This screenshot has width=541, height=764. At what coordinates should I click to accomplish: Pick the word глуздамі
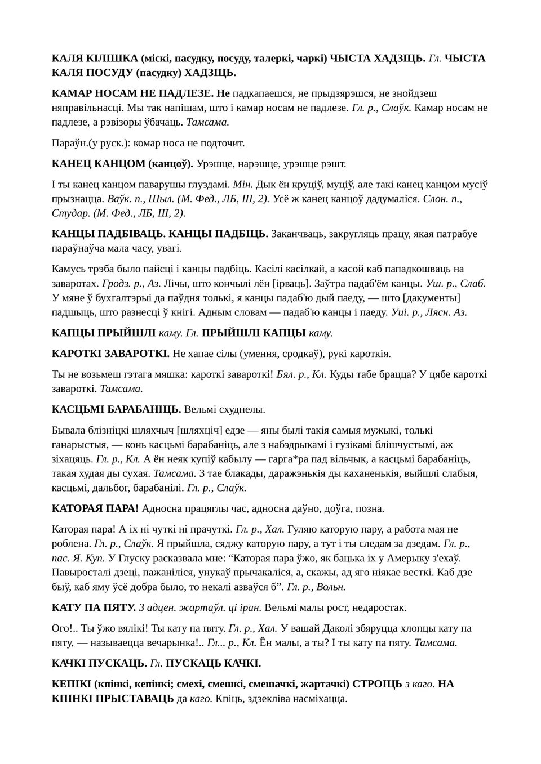pyautogui.click(x=207, y=185)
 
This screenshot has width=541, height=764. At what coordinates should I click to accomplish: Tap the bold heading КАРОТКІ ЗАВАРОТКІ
pyautogui.click(x=110, y=354)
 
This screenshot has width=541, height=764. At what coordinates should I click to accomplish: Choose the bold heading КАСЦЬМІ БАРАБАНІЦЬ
pyautogui.click(x=116, y=409)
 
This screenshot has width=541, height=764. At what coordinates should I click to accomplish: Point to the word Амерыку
pyautogui.click(x=408, y=559)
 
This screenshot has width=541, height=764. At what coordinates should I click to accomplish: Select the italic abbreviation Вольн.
pyautogui.click(x=331, y=587)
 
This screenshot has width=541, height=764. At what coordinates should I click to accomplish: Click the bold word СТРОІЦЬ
pyautogui.click(x=377, y=684)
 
